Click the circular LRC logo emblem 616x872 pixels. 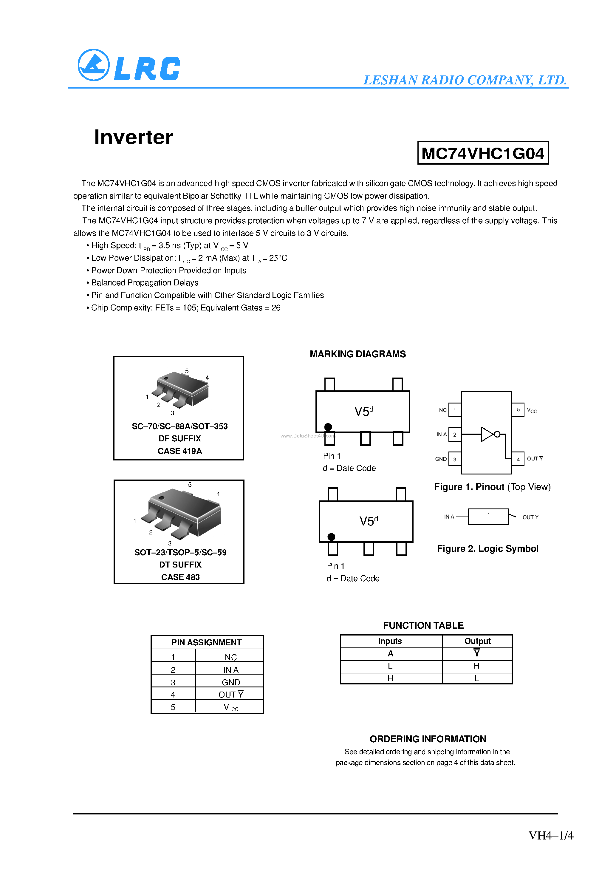tap(93, 65)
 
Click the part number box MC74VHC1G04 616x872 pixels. tap(483, 153)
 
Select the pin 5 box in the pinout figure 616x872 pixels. tap(518, 410)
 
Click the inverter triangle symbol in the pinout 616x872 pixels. tap(487, 434)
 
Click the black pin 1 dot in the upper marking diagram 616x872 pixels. tap(328, 427)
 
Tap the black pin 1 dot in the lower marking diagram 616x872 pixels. tap(331, 537)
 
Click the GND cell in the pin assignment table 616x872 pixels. tap(230, 682)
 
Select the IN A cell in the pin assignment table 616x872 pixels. tap(230, 670)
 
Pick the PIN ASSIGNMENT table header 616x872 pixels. tap(207, 642)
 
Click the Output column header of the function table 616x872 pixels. tap(477, 641)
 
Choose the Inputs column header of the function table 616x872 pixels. tap(390, 641)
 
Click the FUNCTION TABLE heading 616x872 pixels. tap(423, 625)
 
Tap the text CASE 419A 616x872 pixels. tap(179, 451)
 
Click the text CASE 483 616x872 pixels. tap(180, 577)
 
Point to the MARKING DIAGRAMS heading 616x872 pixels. tap(358, 354)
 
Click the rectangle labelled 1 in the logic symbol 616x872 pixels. tap(488, 517)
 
